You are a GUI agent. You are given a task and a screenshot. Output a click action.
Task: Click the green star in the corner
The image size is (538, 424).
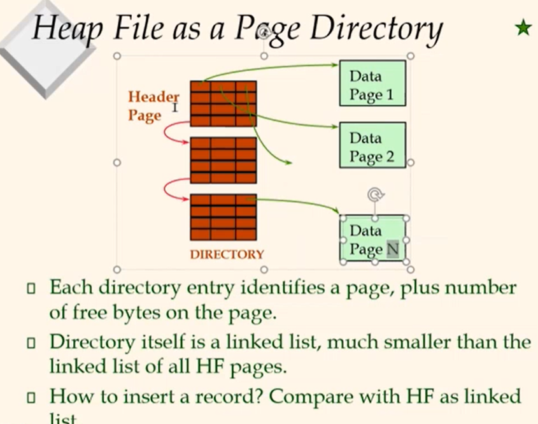coord(523,28)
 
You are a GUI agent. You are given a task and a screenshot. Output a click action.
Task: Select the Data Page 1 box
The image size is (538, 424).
coord(372,85)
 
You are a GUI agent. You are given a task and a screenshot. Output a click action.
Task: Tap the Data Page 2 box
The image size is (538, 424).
coord(372,147)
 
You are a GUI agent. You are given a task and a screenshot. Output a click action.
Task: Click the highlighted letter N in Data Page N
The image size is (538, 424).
coord(392,249)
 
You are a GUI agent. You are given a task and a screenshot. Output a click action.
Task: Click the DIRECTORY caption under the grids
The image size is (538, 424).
coord(227,254)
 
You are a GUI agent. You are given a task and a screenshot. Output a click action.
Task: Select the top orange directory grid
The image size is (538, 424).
coord(223,103)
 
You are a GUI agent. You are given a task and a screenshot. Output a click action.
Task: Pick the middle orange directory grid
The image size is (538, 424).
coord(223,160)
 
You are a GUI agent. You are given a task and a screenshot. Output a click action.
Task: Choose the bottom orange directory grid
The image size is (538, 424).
coord(223,217)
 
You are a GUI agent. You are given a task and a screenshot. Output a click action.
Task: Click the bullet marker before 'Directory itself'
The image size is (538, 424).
coord(31,344)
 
